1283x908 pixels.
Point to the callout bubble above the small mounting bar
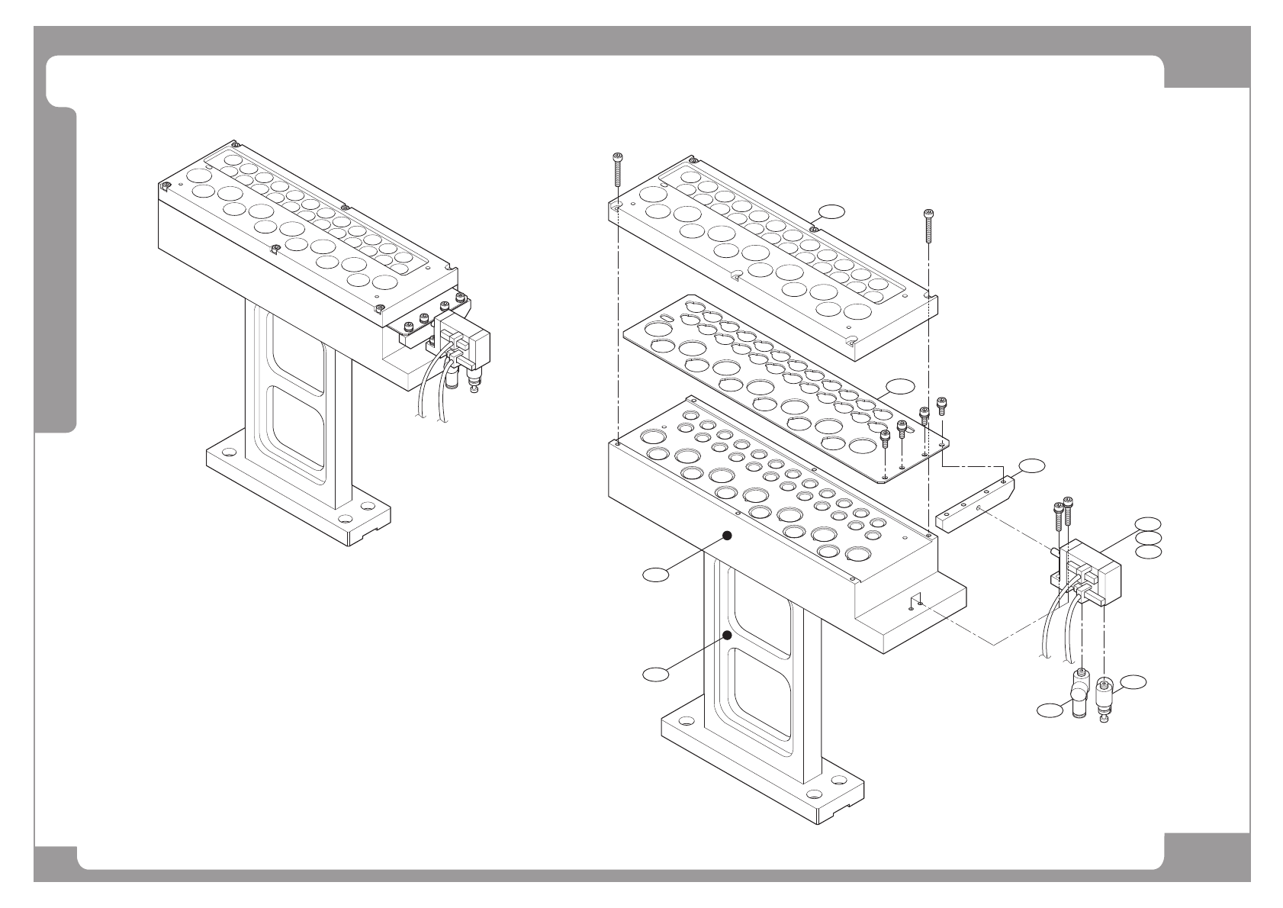click(1032, 465)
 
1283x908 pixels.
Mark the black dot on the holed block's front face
click(728, 536)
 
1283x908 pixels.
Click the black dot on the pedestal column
click(728, 635)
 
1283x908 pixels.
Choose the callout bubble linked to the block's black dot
click(655, 574)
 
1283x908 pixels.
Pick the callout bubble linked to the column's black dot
click(655, 673)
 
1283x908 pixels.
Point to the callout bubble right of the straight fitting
click(1134, 682)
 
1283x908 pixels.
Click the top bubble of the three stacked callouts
click(1148, 523)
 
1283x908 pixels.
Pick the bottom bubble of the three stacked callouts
click(1148, 551)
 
